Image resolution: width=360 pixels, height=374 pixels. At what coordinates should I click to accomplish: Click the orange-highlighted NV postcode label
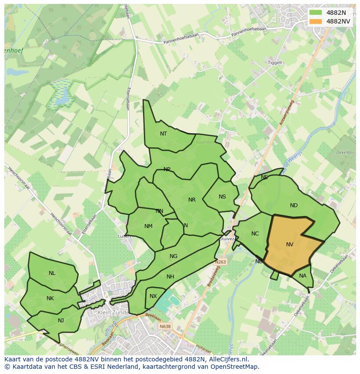click(x=290, y=245)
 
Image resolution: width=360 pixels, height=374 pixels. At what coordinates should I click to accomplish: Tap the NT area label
click(x=163, y=134)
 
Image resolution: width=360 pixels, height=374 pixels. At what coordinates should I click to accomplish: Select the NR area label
click(x=192, y=200)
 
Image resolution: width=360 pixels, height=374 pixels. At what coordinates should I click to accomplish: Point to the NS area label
click(x=222, y=197)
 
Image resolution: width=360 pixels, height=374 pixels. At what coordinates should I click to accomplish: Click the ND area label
click(x=294, y=205)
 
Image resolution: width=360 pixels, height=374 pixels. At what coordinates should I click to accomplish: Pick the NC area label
click(x=255, y=234)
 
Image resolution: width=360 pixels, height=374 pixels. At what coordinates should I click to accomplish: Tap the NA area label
click(x=303, y=276)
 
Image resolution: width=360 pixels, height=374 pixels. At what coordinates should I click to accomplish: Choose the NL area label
click(x=52, y=273)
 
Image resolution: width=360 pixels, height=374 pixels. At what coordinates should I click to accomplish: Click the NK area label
click(x=50, y=298)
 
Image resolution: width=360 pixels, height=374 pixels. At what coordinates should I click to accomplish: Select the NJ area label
click(x=61, y=321)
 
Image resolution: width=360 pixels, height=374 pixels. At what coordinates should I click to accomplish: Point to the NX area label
click(x=153, y=296)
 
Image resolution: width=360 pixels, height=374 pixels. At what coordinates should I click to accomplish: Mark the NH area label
click(x=170, y=277)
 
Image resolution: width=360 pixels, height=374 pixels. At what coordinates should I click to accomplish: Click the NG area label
click(x=173, y=256)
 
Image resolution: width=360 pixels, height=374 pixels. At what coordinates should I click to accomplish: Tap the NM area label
click(x=148, y=226)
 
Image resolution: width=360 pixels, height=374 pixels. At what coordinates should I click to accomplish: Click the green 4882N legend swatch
click(x=316, y=13)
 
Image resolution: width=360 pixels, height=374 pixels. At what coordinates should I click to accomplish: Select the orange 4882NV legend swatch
click(x=316, y=21)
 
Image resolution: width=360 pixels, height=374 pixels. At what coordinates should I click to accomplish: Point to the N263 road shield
click(x=220, y=262)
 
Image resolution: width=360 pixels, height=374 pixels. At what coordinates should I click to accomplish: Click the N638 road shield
click(x=165, y=326)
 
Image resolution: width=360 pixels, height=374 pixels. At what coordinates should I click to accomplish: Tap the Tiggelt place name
click(x=275, y=63)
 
